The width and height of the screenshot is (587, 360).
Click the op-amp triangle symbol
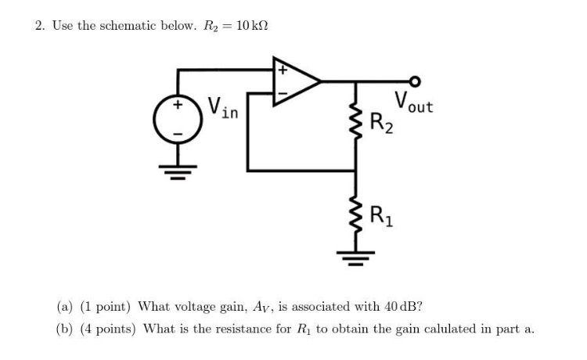click(293, 81)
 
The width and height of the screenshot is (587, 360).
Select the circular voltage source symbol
click(178, 121)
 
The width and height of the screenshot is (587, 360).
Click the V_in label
click(223, 108)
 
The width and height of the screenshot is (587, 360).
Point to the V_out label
click(413, 103)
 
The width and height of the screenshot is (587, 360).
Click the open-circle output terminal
click(415, 81)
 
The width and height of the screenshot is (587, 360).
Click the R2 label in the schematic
click(381, 123)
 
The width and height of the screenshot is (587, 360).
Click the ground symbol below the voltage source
click(178, 171)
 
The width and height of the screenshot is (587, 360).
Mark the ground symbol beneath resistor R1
click(357, 255)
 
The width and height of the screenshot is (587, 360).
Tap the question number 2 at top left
click(39, 26)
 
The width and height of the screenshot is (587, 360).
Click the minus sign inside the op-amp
click(281, 92)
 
